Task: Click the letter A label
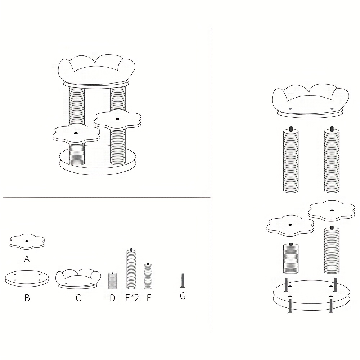tap(27, 259)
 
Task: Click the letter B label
tap(27, 298)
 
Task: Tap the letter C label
tap(78, 298)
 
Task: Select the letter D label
tap(112, 298)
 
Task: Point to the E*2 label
tap(132, 298)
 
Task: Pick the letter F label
tap(149, 298)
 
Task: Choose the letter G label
tap(183, 296)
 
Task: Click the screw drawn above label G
tap(183, 280)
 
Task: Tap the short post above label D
tap(112, 280)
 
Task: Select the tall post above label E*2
tap(131, 269)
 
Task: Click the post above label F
tap(148, 276)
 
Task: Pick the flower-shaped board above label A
tap(27, 242)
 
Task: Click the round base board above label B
tap(27, 278)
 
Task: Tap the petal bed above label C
tap(78, 279)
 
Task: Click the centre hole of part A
tap(27, 241)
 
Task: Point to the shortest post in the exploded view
tap(291, 258)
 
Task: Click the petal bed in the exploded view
tap(310, 101)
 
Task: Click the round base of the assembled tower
tap(98, 160)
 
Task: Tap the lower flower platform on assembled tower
tap(76, 134)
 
